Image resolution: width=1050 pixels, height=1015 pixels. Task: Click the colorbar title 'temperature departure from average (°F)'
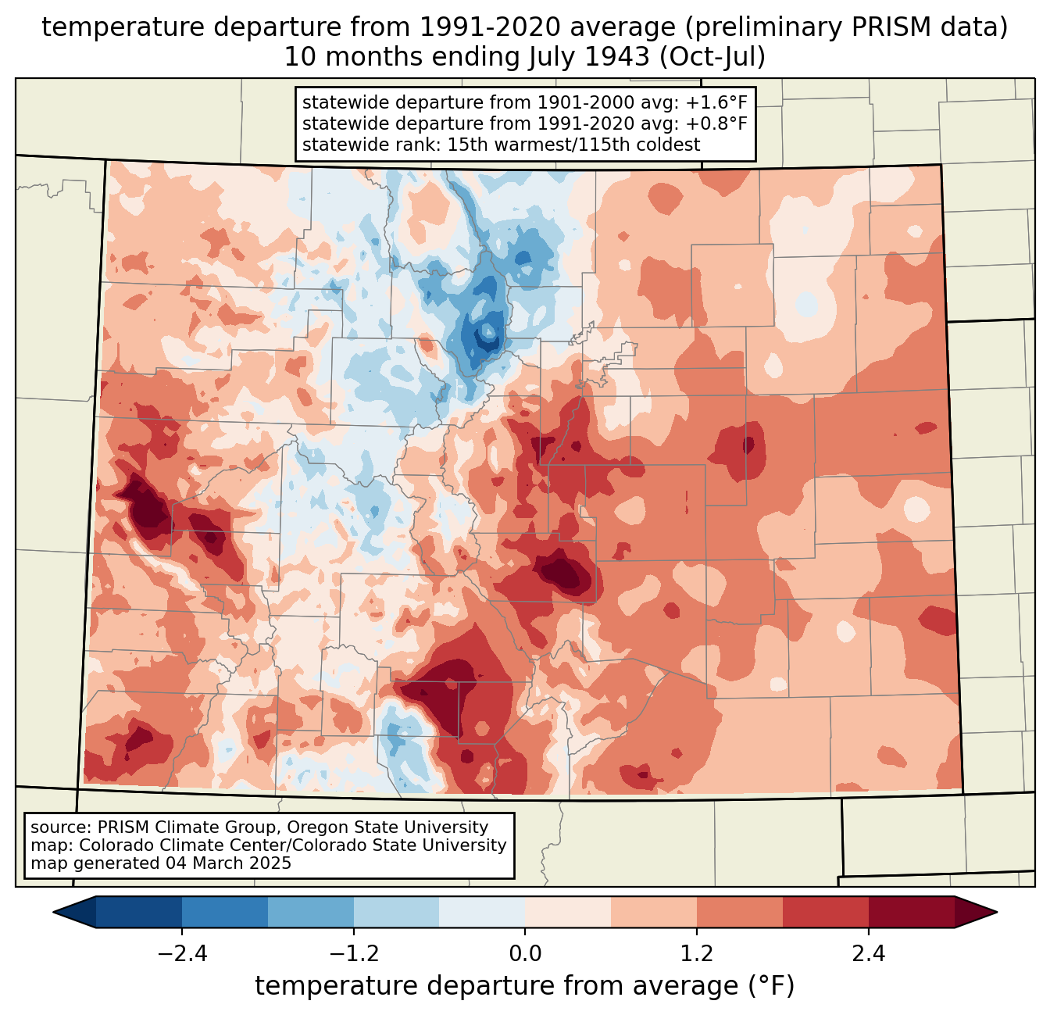[525, 986]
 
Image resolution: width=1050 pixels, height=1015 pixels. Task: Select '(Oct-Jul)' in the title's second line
[712, 57]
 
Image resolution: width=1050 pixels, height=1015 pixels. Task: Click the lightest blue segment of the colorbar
[482, 913]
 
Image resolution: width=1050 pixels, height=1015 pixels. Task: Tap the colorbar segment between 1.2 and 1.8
[740, 913]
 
